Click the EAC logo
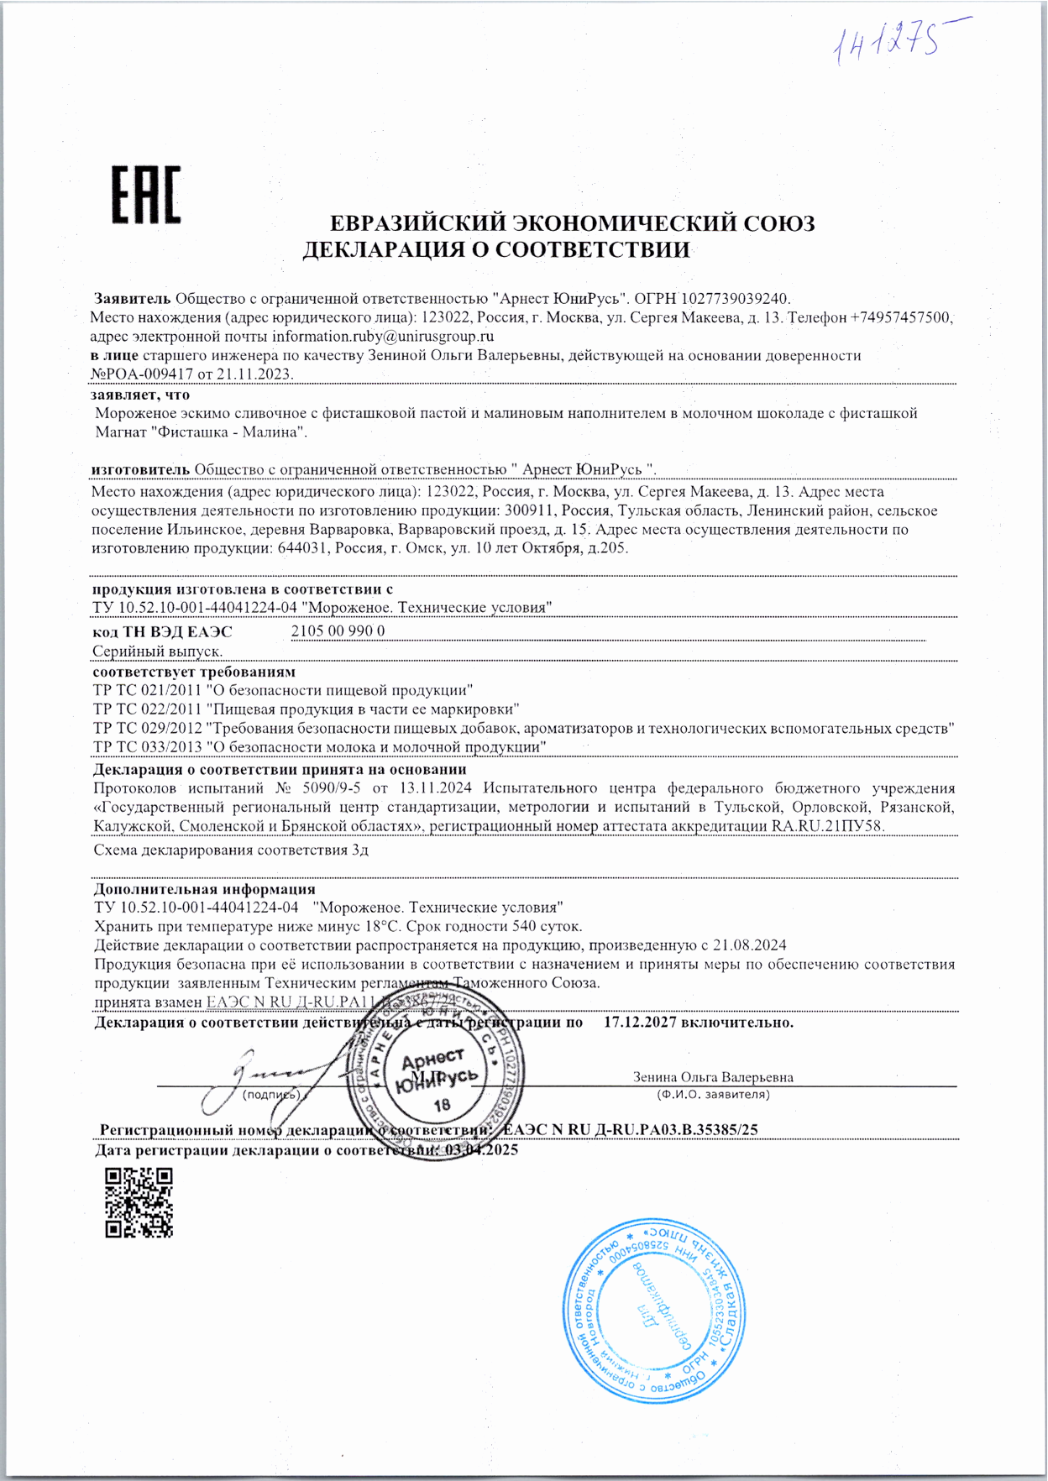(x=146, y=196)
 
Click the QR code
(x=139, y=1202)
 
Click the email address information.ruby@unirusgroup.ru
(x=382, y=336)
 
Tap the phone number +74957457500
(x=901, y=317)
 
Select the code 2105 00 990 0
(x=338, y=631)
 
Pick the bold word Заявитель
(x=133, y=298)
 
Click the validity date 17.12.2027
(x=640, y=1023)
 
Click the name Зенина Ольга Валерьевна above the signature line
(x=712, y=1077)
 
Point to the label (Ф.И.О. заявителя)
(x=712, y=1095)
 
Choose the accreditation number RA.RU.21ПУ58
(x=827, y=826)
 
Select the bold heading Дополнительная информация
(x=204, y=889)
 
